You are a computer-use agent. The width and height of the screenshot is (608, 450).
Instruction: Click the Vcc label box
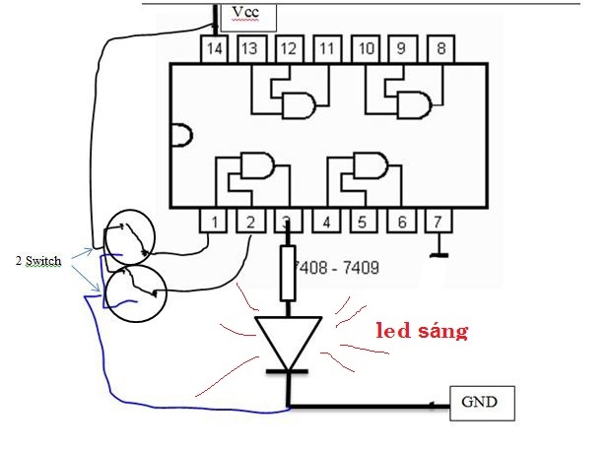click(248, 18)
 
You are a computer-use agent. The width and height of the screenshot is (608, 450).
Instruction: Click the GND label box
click(482, 403)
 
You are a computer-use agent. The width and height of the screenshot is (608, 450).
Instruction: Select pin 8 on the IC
click(440, 49)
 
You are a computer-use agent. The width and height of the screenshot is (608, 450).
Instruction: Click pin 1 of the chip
click(213, 221)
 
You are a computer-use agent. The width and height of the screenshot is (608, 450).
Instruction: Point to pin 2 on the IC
click(250, 221)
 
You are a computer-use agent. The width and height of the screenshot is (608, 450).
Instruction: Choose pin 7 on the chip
click(439, 221)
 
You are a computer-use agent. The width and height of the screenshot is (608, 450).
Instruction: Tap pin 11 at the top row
click(327, 49)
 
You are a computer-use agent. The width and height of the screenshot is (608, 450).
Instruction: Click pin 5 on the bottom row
click(363, 221)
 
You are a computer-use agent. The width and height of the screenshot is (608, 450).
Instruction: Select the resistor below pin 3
click(288, 273)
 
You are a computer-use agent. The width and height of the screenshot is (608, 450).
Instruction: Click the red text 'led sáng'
click(423, 331)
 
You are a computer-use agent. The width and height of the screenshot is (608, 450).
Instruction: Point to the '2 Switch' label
click(38, 261)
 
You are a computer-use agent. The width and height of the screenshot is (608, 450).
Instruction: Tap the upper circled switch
click(131, 237)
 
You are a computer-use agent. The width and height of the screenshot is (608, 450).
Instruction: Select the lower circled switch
click(136, 293)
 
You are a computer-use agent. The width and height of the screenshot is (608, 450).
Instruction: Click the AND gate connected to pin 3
click(256, 165)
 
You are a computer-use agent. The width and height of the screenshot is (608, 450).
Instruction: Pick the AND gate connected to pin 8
click(414, 105)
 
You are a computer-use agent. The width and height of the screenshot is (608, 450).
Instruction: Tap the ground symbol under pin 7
click(439, 245)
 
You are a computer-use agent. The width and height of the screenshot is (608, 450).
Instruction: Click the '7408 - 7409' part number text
click(337, 268)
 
